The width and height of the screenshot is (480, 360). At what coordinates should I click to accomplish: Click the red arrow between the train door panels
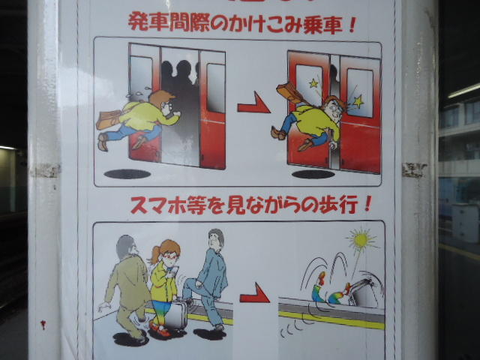point(253,104)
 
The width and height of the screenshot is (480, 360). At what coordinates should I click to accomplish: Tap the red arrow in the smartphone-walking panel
point(255,294)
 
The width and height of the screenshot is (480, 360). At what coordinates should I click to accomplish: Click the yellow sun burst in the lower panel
point(361,240)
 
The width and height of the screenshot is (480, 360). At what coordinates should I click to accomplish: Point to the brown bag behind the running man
point(108,119)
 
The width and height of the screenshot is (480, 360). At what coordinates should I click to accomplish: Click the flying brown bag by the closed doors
point(289,92)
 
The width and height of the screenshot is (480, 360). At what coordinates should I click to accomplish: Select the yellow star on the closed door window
point(313,83)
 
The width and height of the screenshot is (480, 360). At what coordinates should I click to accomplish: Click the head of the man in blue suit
point(216,239)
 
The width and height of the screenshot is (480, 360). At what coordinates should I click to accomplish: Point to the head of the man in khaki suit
point(127,247)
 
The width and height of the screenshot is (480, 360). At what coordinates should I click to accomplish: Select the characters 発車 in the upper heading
point(148,22)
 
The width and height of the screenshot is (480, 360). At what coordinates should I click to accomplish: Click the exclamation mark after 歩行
point(367,204)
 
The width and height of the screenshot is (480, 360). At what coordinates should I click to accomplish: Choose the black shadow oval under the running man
point(127,174)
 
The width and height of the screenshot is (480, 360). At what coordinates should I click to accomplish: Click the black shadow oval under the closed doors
point(313,174)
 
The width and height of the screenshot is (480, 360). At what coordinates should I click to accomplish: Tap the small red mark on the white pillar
point(43,325)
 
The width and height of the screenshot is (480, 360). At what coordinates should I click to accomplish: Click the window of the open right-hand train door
point(215,88)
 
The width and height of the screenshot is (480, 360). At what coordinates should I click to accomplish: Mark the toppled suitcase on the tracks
point(364,293)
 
